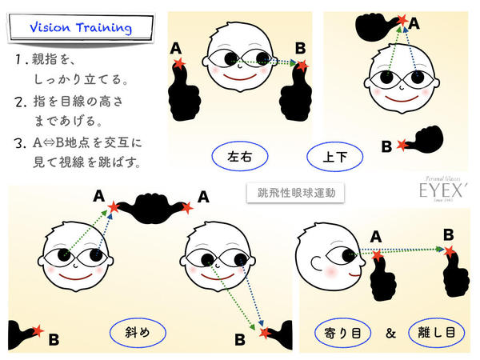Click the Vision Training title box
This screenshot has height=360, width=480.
(x=81, y=27)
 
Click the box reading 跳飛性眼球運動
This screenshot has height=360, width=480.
(x=296, y=193)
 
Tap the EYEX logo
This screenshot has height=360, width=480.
(x=442, y=190)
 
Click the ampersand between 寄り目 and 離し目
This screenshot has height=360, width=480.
(x=390, y=333)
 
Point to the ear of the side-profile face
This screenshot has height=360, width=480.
(x=316, y=263)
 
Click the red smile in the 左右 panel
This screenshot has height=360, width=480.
(x=240, y=77)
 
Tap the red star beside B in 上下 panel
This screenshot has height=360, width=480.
(x=402, y=145)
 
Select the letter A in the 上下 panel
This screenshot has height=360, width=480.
(x=414, y=23)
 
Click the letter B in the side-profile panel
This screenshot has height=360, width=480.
(x=449, y=235)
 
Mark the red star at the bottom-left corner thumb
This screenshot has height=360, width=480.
(x=38, y=330)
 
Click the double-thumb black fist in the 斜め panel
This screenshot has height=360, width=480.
(x=152, y=208)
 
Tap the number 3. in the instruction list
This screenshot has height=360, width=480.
(x=20, y=143)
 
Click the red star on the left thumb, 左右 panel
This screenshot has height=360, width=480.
(x=179, y=64)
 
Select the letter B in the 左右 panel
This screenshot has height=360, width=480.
(x=300, y=48)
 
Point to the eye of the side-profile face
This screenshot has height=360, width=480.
(x=341, y=256)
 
